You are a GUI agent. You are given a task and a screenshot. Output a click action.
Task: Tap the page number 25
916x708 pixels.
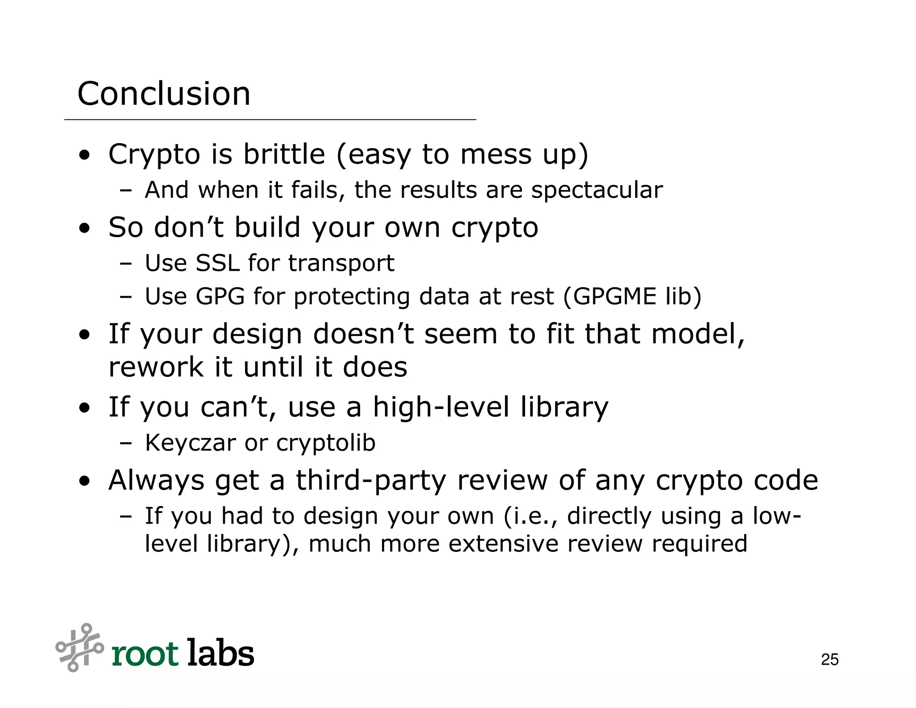pos(830,660)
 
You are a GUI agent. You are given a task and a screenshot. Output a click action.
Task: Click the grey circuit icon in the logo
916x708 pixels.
pos(79,647)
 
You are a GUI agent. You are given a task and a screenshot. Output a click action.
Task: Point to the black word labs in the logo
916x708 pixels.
pos(221,653)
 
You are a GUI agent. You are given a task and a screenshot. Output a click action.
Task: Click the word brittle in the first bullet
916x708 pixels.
pos(284,154)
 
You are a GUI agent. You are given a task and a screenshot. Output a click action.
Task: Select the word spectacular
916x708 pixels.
pos(597,190)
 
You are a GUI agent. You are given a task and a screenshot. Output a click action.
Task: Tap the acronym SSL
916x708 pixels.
pos(217,263)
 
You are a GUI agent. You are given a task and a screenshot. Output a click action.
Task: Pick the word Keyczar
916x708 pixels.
pos(190,443)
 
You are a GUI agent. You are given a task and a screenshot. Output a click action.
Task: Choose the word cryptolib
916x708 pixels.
pos(326,443)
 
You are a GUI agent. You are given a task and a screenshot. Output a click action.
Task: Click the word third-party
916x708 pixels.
pos(371,481)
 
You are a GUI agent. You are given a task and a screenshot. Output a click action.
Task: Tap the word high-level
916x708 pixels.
pos(441,407)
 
